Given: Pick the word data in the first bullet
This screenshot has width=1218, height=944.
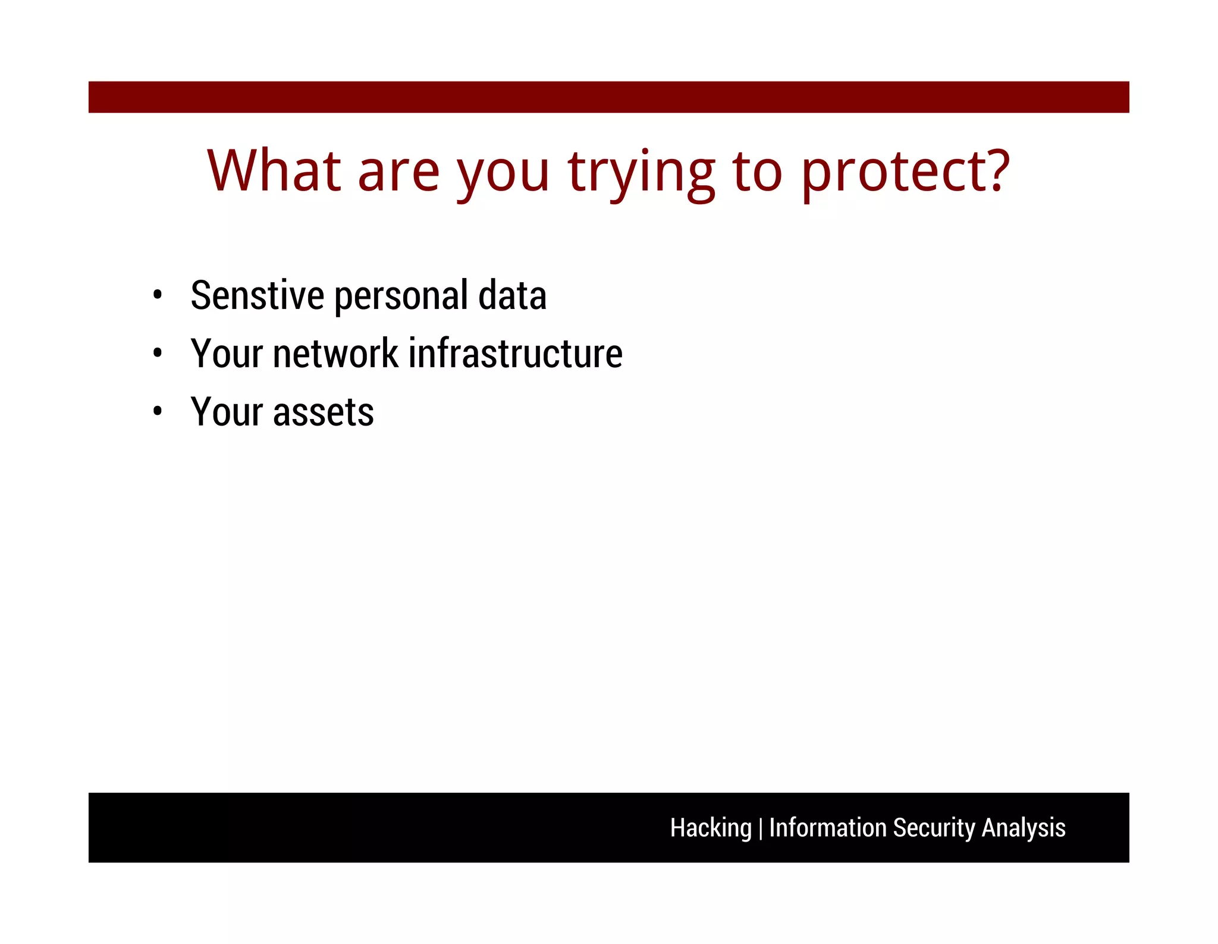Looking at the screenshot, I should click(x=512, y=295).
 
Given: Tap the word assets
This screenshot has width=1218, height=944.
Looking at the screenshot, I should click(x=323, y=412).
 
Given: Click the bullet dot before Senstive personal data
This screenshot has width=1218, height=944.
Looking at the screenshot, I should click(x=157, y=295).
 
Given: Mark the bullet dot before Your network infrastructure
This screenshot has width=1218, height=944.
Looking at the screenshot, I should click(x=157, y=353).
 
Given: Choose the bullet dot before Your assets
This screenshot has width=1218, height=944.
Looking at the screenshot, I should click(x=157, y=411).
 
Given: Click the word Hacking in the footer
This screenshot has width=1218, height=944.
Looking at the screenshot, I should click(x=711, y=828).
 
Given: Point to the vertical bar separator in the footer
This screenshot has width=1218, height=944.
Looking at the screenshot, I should click(x=761, y=829).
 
